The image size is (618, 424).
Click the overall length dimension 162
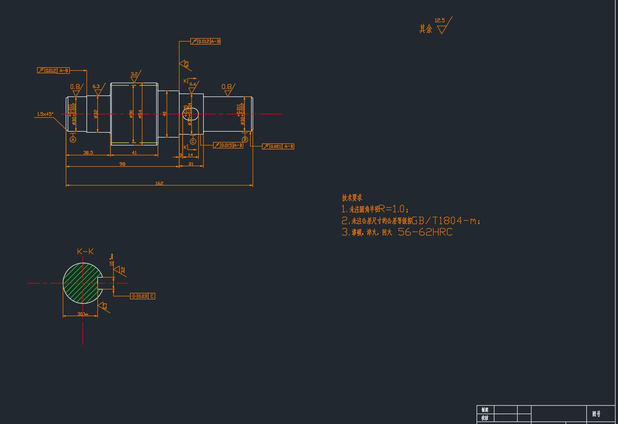coord(159,183)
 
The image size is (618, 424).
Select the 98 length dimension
coord(122,164)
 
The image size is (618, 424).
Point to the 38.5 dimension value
coord(88,153)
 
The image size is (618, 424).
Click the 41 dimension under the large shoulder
coord(134,153)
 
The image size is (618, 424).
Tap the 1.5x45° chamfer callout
coord(45,114)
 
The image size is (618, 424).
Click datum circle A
coord(73,140)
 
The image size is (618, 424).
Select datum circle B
coord(245,140)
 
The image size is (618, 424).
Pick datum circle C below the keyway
coord(193,141)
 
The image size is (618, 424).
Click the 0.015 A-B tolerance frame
coord(228,145)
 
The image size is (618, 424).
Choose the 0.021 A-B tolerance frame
coord(278,146)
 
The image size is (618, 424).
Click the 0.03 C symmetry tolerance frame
coord(142,296)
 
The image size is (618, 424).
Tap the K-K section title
coord(85,251)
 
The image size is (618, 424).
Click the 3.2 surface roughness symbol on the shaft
coord(134,75)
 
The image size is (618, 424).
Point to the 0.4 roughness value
coord(193,84)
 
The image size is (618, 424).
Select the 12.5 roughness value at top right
coord(440,21)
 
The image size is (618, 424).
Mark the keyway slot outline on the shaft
coord(192,114)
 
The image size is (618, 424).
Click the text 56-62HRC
coord(425,232)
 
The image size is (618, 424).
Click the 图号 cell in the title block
coord(596,414)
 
